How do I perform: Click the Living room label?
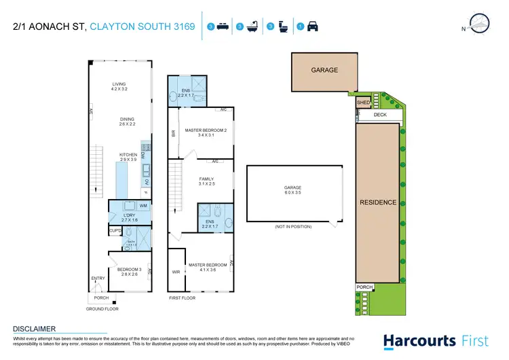119,85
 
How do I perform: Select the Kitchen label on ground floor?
128,156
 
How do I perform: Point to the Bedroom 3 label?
128,271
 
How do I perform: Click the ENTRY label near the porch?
98,278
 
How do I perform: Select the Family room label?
206,180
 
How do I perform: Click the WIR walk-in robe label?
176,272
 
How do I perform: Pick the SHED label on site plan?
364,103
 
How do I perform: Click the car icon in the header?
313,27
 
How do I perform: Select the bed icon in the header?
221,27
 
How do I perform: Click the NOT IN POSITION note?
293,226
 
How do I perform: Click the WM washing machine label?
143,204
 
